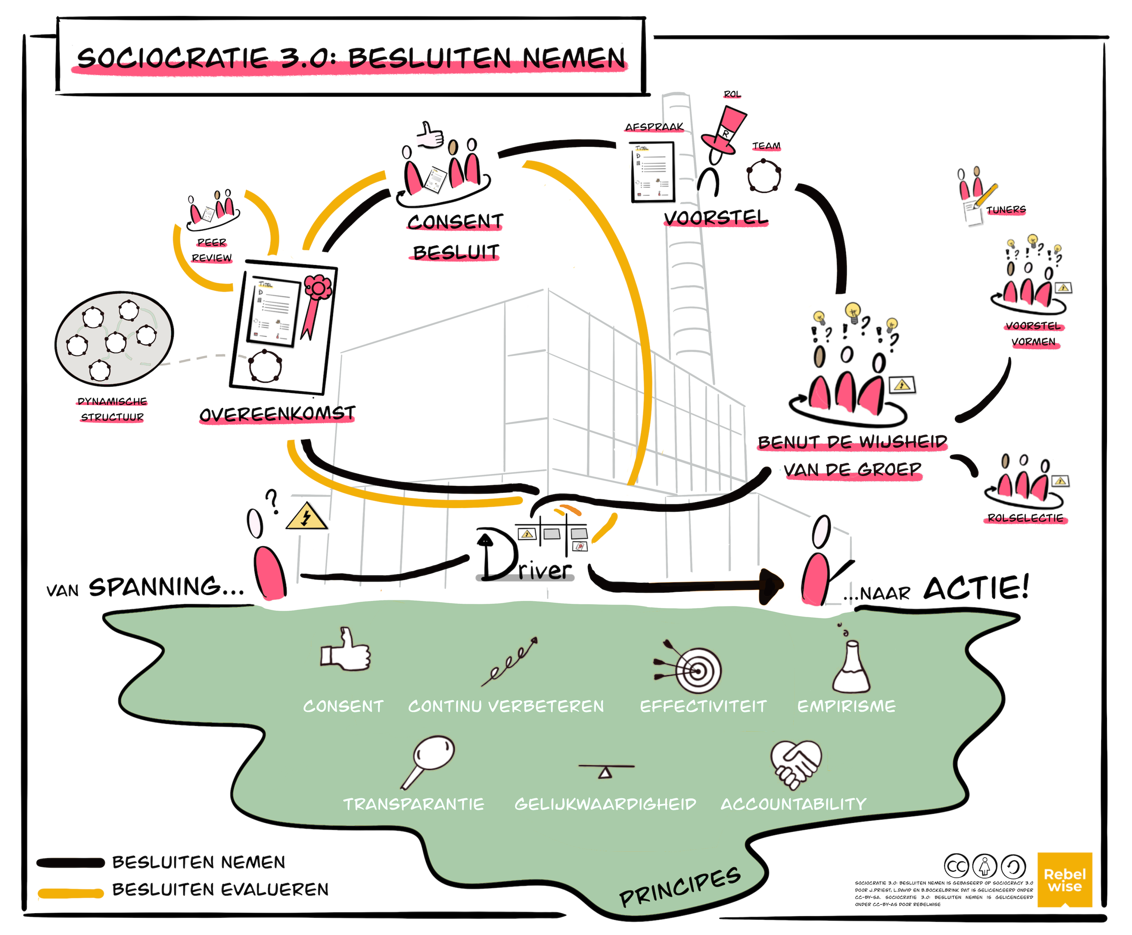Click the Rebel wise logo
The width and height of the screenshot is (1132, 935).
click(x=1064, y=879)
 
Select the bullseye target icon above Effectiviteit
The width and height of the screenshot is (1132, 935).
click(x=694, y=669)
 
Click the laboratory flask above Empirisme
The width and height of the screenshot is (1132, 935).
click(x=851, y=668)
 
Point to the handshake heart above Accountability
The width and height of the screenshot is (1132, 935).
click(x=796, y=764)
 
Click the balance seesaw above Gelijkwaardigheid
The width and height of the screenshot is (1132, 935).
click(x=606, y=769)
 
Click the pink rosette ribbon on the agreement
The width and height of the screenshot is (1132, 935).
click(x=316, y=302)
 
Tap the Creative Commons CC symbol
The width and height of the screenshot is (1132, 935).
click(x=956, y=866)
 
